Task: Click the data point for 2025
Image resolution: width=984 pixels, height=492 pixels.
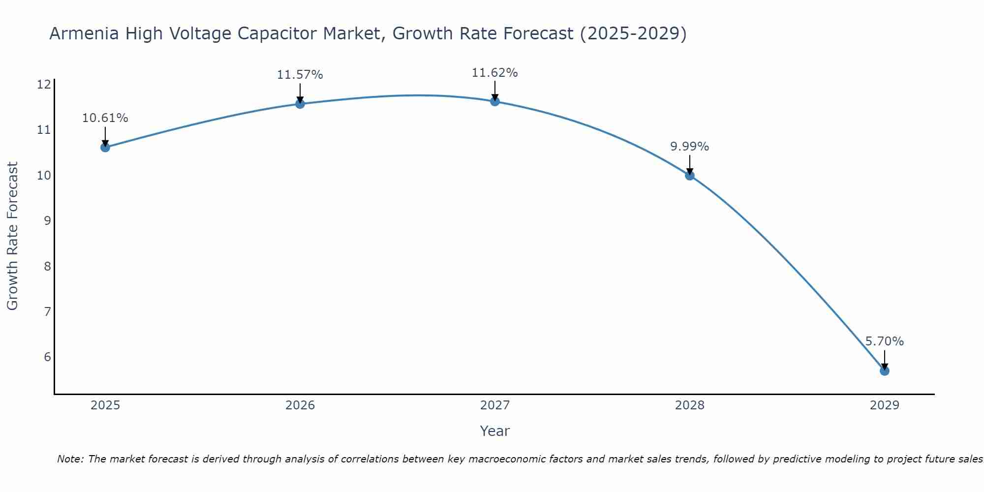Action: coord(105,147)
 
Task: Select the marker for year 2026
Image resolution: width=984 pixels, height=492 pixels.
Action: coord(300,104)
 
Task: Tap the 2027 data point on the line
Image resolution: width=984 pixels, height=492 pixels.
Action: coord(495,101)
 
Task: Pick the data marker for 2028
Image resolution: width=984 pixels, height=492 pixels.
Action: coord(690,175)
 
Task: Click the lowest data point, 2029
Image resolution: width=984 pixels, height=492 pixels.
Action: coord(884,370)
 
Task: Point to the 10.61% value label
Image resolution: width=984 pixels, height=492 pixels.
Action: coord(105,118)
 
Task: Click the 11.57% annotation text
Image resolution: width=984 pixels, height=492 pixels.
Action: coord(300,75)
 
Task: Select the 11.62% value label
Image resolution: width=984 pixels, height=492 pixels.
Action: coord(494,73)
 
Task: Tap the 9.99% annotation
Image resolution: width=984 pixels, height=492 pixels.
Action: coord(689,147)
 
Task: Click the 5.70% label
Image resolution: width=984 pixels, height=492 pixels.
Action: coord(884,341)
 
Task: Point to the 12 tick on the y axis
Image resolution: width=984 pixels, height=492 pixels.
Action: coord(44,85)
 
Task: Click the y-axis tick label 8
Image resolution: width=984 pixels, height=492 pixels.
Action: coord(47,266)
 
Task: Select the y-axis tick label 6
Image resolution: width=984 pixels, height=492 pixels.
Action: coord(47,357)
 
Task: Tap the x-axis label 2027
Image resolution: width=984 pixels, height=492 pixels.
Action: coord(495,405)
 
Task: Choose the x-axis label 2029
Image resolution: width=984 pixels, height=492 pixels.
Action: coord(884,405)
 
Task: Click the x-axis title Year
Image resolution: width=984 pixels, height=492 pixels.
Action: coord(494,431)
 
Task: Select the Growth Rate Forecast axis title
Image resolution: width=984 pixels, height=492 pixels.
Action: coord(12,236)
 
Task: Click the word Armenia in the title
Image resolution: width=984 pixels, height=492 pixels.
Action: coord(84,33)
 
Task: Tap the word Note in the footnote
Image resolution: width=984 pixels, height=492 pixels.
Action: coord(70,459)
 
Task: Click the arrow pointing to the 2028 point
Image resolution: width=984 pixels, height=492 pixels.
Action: coord(690,165)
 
